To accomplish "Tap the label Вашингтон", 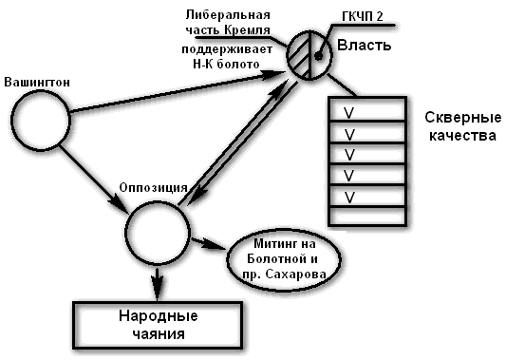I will click(38, 83).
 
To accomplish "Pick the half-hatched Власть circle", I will click(310, 54).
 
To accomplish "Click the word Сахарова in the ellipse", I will click(300, 274).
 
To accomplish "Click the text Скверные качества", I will click(462, 126).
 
